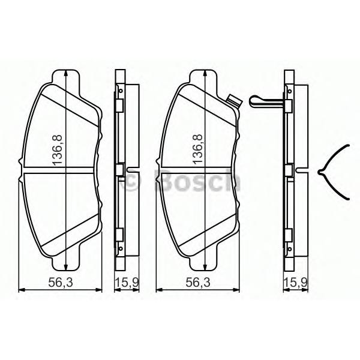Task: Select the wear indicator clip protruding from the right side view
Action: [260, 100]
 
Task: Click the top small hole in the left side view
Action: [121, 91]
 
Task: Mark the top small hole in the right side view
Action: [289, 91]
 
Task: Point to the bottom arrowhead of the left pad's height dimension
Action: [66, 269]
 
